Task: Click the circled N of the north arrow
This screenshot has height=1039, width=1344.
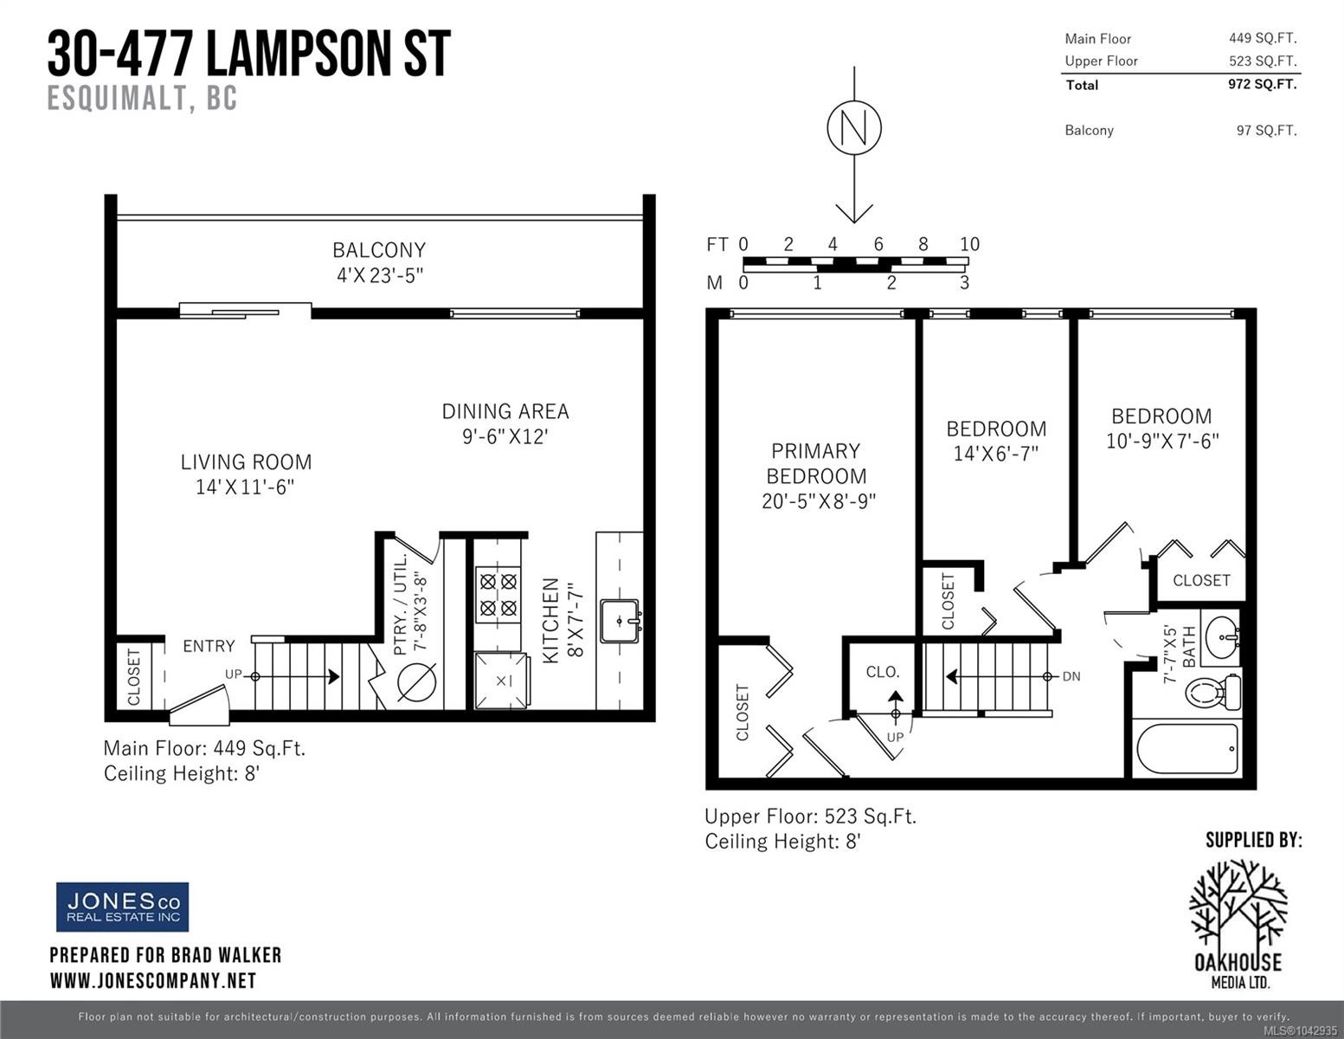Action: coord(854,127)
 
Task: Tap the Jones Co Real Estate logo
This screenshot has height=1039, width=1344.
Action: coord(123,907)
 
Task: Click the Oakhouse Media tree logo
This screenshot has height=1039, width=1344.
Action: coord(1238,923)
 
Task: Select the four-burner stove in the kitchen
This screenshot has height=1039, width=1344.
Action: coord(498,594)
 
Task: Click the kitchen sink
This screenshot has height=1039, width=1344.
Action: coord(619,622)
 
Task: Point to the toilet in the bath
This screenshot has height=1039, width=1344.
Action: coord(1213,692)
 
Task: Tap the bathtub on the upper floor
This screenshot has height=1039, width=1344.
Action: coord(1187,749)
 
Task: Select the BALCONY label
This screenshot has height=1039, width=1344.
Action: coord(379,250)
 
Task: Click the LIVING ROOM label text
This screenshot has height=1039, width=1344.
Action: coord(246,461)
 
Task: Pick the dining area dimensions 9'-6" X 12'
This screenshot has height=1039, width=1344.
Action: coord(505,437)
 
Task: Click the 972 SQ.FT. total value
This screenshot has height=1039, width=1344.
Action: coord(1263,84)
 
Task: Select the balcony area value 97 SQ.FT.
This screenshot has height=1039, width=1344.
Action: coord(1267,131)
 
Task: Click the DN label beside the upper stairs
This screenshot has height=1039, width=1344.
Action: coord(1071,676)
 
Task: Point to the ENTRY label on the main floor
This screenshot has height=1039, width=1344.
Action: coord(209,646)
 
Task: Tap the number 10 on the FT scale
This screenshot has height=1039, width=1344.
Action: coord(969,244)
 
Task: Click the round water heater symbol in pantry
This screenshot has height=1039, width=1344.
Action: coord(417,682)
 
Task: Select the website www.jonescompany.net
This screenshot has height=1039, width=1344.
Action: coord(153,981)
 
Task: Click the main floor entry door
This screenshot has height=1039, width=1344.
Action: coord(199,705)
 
